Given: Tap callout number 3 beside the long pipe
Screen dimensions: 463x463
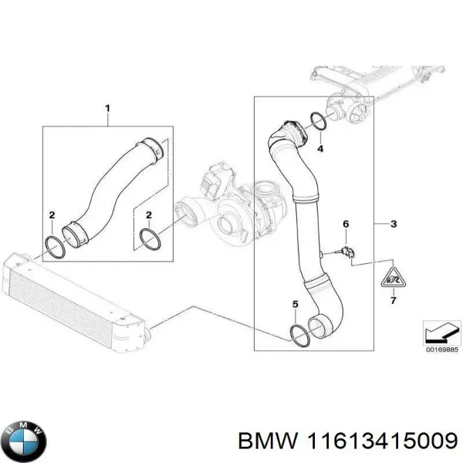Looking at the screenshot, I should [394, 225].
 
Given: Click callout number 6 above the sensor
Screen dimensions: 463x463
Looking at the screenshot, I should [346, 224].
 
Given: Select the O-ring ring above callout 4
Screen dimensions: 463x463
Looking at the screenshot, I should [317, 120].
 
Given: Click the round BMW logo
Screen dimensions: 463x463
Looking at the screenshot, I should [25, 439].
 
